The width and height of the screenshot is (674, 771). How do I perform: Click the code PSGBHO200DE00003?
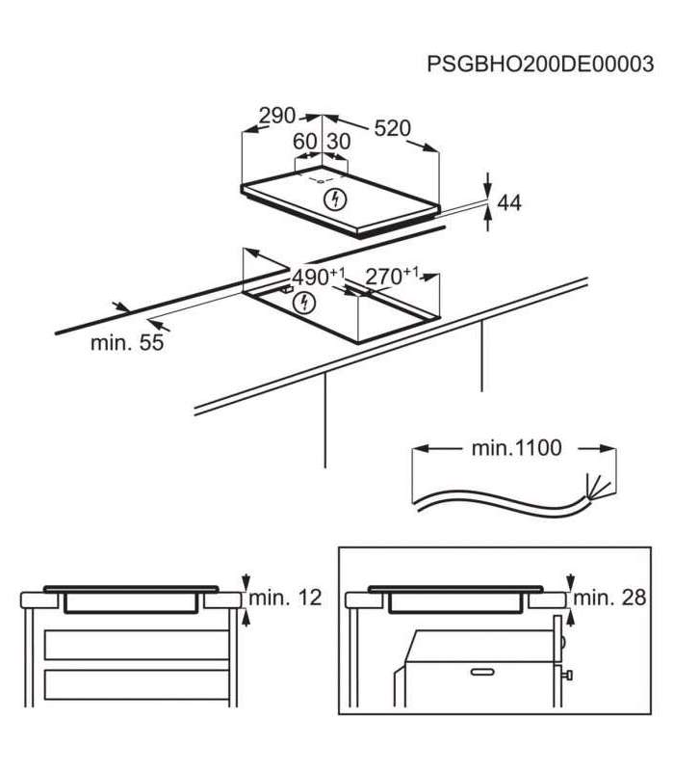click(540, 64)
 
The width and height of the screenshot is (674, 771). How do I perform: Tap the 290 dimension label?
click(277, 116)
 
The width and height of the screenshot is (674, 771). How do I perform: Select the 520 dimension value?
click(393, 128)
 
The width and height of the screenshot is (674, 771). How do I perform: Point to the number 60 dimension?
click(304, 142)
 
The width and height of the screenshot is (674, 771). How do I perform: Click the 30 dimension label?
click(339, 142)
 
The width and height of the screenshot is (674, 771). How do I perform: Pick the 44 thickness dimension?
click(509, 202)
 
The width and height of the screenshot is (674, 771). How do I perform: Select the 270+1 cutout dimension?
click(392, 277)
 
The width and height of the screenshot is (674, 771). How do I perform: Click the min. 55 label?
click(127, 342)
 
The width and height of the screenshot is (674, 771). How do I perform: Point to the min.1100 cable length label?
click(516, 448)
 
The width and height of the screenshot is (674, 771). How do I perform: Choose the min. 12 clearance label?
click(285, 598)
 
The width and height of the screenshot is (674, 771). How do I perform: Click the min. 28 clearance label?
click(609, 598)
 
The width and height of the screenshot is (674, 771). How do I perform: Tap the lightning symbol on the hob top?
click(336, 199)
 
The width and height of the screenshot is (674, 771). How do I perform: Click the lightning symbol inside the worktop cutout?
click(303, 304)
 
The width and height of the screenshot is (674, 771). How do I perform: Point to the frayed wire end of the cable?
click(598, 487)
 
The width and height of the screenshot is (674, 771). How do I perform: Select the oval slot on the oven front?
click(483, 671)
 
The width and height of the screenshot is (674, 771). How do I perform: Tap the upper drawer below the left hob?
click(137, 645)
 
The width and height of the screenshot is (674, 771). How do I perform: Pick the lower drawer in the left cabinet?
click(137, 684)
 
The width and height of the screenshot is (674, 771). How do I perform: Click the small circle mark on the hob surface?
click(321, 181)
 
